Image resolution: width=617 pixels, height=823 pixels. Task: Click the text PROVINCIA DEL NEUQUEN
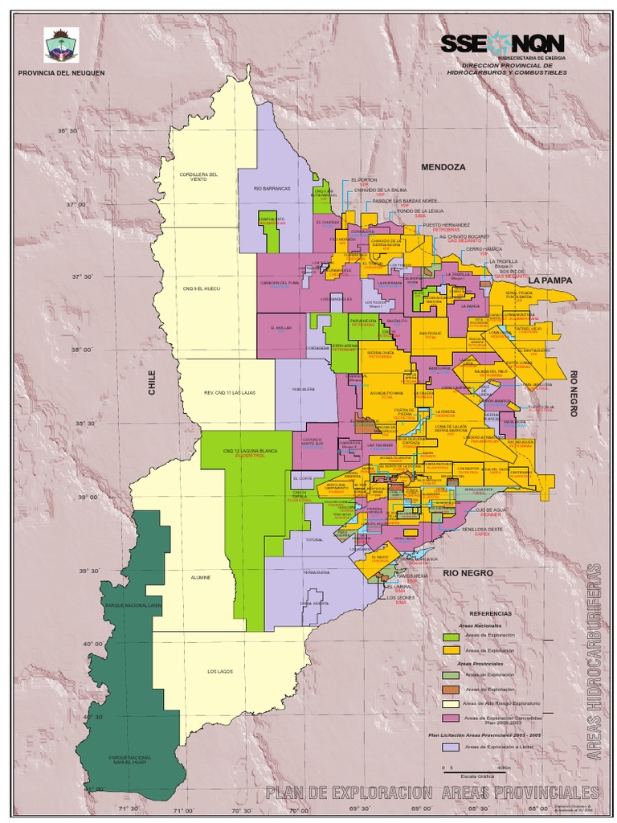pyautogui.click(x=61, y=73)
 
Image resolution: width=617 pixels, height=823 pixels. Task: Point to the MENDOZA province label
pyautogui.click(x=443, y=167)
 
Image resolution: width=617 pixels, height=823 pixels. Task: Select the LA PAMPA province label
pyautogui.click(x=550, y=280)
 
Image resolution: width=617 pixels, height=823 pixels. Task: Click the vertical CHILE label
pyautogui.click(x=152, y=382)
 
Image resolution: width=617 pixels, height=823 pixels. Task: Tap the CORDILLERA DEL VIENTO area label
pyautogui.click(x=198, y=177)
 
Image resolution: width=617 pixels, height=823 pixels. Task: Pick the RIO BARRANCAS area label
pyautogui.click(x=271, y=189)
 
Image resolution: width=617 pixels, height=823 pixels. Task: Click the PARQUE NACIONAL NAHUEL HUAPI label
pyautogui.click(x=129, y=760)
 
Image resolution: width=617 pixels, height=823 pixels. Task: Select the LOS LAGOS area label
pyautogui.click(x=219, y=671)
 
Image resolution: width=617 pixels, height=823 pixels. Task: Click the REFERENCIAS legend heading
pyautogui.click(x=490, y=613)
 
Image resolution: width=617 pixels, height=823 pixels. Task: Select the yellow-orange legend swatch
pyautogui.click(x=451, y=649)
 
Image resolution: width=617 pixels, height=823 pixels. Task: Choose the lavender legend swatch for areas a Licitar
pyautogui.click(x=451, y=747)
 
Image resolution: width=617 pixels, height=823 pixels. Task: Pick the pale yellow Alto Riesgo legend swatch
pyautogui.click(x=451, y=703)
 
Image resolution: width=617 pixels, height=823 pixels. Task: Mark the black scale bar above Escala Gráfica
pyautogui.click(x=474, y=769)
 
